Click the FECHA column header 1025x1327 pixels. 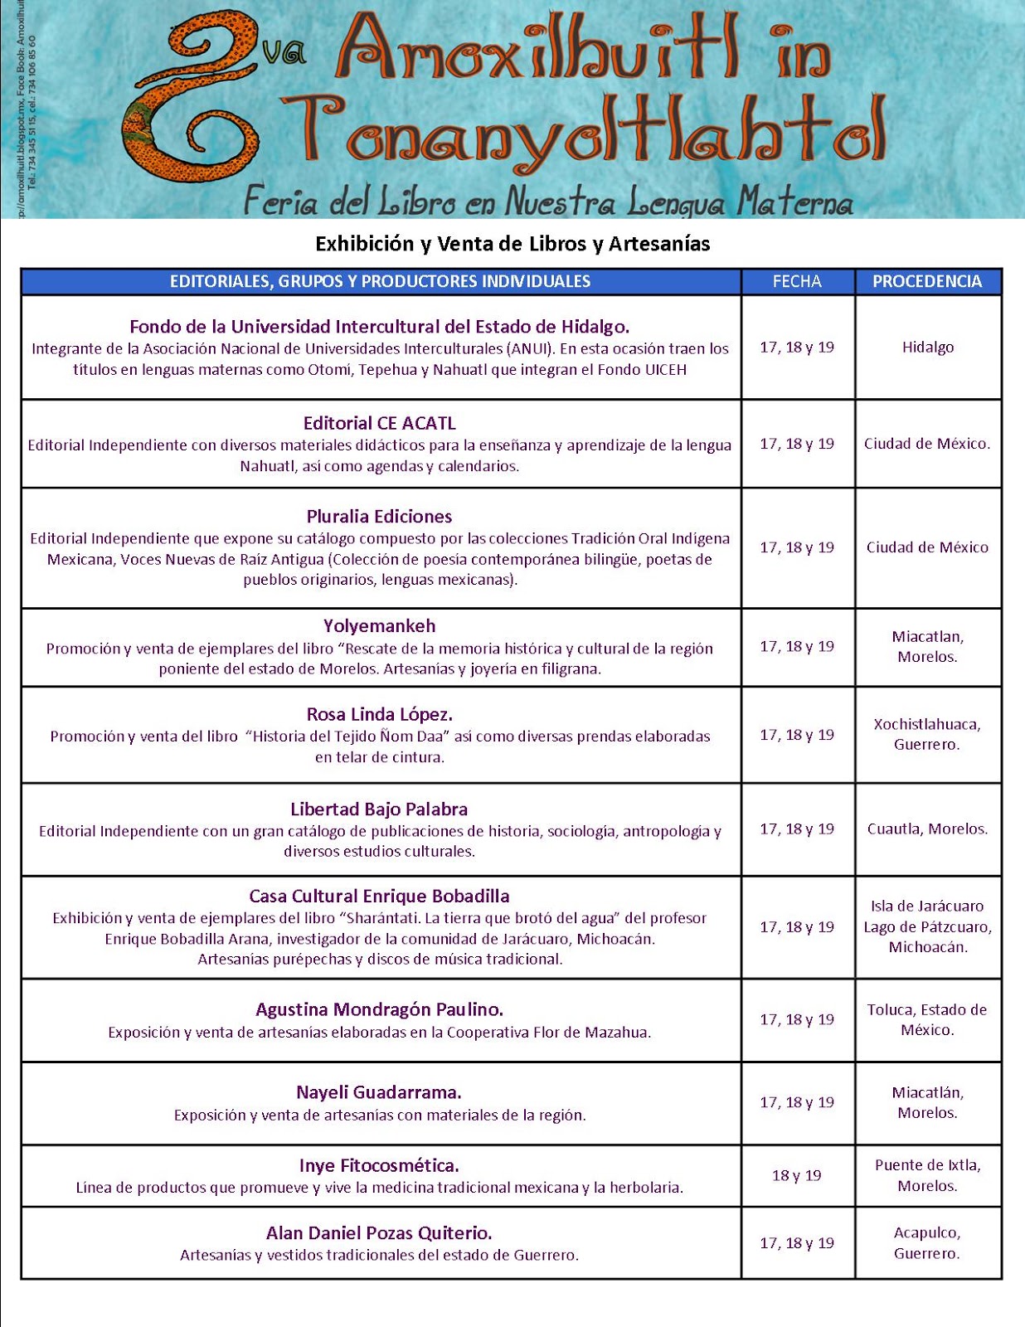coord(797,281)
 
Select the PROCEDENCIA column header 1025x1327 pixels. coord(927,281)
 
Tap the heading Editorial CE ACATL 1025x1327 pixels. coord(380,423)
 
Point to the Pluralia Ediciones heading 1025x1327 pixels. coord(380,517)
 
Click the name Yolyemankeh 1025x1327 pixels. coord(380,626)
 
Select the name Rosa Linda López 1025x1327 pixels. coord(380,714)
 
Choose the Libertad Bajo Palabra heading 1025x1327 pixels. coord(380,809)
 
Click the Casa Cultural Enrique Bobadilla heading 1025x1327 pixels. coord(380,897)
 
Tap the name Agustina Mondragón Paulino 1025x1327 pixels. coord(380,1009)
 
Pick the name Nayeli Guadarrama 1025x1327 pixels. coord(380,1092)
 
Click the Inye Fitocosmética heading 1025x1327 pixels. coord(380,1165)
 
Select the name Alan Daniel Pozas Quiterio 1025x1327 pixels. coord(380,1232)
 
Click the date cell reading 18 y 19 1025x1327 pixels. coord(797,1175)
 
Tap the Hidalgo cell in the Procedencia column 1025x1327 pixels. coord(928,347)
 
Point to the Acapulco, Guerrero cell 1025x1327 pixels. coord(927,1242)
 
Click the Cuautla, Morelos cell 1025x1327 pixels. coord(927,829)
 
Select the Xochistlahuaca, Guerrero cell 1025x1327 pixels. coord(927,734)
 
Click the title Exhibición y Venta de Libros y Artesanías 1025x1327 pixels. coord(512,244)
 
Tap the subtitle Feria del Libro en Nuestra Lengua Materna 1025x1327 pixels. coord(547,201)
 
